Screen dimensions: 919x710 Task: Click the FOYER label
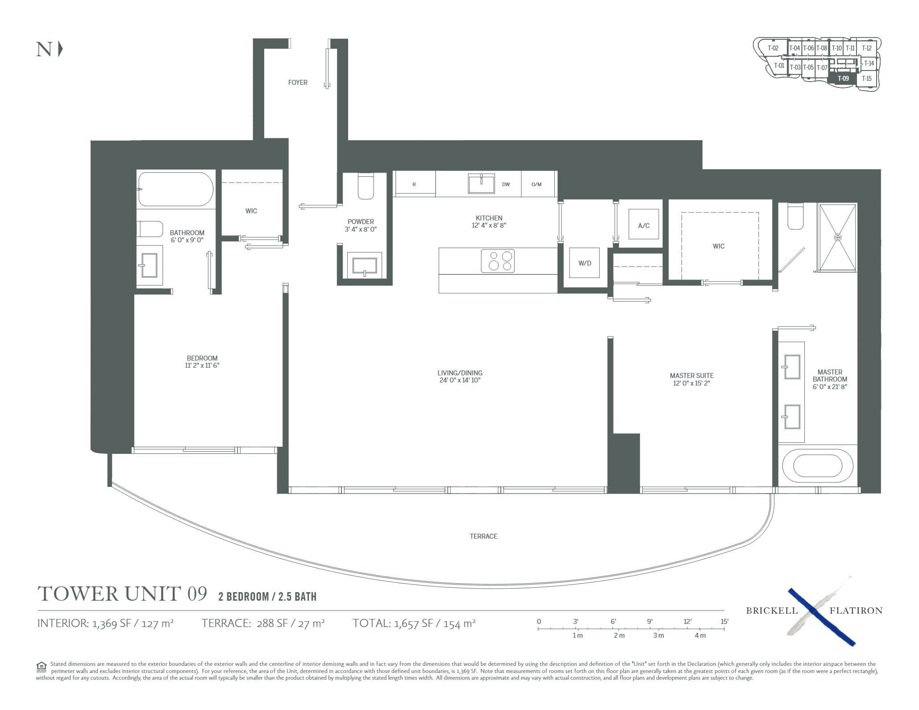(298, 83)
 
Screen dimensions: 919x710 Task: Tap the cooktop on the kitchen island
(498, 261)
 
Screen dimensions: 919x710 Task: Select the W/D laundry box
(585, 263)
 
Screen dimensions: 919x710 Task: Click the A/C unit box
(644, 225)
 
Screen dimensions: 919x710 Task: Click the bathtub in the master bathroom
(818, 466)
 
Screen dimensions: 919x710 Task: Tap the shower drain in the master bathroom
(838, 237)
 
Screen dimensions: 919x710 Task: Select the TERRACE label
(483, 536)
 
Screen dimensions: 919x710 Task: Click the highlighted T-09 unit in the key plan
(843, 79)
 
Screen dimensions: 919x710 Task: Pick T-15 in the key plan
(866, 79)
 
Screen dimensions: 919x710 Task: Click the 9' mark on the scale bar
(650, 622)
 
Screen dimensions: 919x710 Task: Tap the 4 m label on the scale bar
(700, 635)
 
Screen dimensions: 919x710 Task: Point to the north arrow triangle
(61, 49)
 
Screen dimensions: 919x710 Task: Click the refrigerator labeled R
(414, 184)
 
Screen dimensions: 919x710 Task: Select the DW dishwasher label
(506, 184)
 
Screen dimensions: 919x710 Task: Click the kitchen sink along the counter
(482, 183)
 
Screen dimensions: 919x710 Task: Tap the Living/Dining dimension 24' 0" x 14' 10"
(460, 380)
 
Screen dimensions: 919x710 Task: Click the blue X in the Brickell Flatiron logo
(821, 617)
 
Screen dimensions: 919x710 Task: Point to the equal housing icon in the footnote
(41, 667)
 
